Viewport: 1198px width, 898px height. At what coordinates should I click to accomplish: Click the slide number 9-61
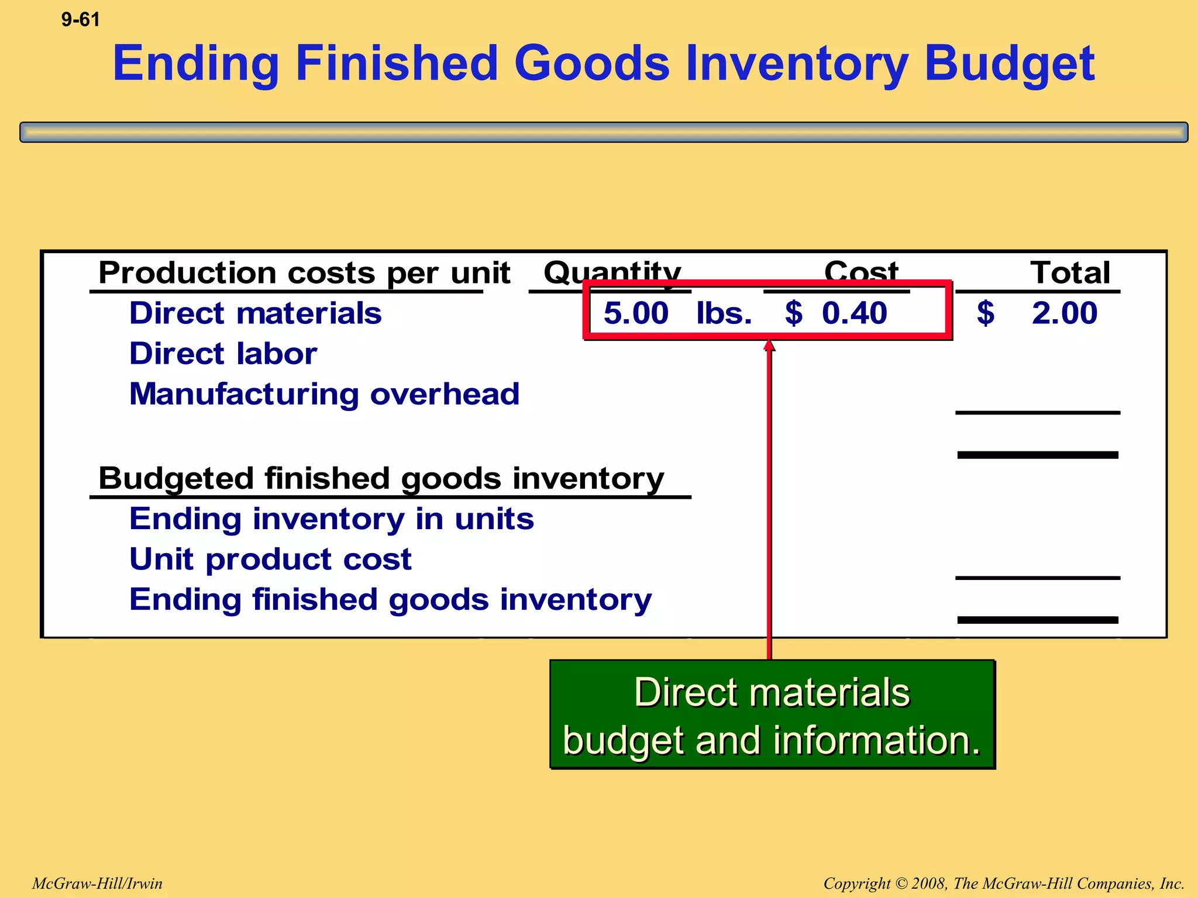click(x=80, y=20)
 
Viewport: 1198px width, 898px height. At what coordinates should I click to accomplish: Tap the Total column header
click(x=1070, y=272)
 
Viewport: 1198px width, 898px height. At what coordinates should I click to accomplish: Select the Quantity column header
click(x=612, y=272)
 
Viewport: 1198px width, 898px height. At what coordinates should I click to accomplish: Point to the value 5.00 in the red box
click(x=636, y=313)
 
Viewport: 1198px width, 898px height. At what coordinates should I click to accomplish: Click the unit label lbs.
click(x=724, y=313)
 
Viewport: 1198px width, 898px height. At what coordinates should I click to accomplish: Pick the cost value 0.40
click(x=854, y=313)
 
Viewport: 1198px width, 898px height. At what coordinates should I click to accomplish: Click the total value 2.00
click(x=1064, y=313)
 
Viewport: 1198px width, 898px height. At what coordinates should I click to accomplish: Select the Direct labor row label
click(x=223, y=354)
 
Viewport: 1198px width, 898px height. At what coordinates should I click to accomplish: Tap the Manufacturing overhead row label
click(x=324, y=394)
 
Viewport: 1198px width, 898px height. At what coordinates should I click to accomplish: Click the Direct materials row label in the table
click(x=255, y=313)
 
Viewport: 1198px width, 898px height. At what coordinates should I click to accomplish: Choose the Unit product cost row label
click(x=270, y=559)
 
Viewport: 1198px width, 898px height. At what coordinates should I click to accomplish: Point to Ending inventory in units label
click(x=331, y=519)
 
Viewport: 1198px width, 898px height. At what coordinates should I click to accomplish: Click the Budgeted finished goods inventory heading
click(x=381, y=478)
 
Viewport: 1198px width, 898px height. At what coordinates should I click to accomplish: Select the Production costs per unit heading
click(x=304, y=272)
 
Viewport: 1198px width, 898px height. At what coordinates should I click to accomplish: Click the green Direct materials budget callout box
click(x=772, y=714)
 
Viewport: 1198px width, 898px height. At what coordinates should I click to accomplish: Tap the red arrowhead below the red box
click(x=769, y=346)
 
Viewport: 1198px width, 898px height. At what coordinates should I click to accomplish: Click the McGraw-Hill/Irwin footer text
click(x=97, y=883)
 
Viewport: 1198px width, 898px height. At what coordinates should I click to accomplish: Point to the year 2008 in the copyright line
click(x=929, y=883)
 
